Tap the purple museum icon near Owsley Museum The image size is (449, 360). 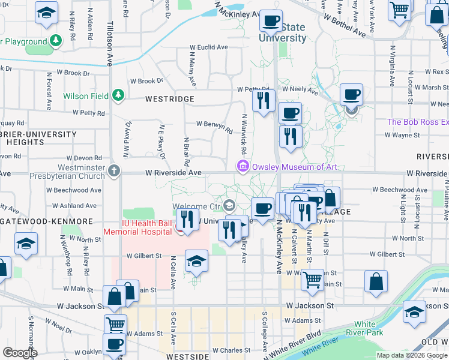[243, 166]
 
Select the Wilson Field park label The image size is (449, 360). [86, 96]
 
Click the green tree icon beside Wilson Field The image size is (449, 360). [118, 95]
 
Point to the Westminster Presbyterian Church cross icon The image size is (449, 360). [113, 172]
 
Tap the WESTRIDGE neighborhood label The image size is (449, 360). [169, 98]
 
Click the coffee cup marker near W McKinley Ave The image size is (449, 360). [270, 21]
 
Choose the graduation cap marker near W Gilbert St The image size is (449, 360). [196, 261]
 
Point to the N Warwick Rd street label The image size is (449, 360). [244, 134]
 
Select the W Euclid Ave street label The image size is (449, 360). [209, 47]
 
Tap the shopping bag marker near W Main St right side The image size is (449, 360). [376, 281]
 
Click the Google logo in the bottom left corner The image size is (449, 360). [20, 353]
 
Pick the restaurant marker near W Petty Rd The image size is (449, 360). [262, 101]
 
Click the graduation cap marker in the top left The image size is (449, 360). [46, 13]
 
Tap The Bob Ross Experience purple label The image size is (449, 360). [418, 122]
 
